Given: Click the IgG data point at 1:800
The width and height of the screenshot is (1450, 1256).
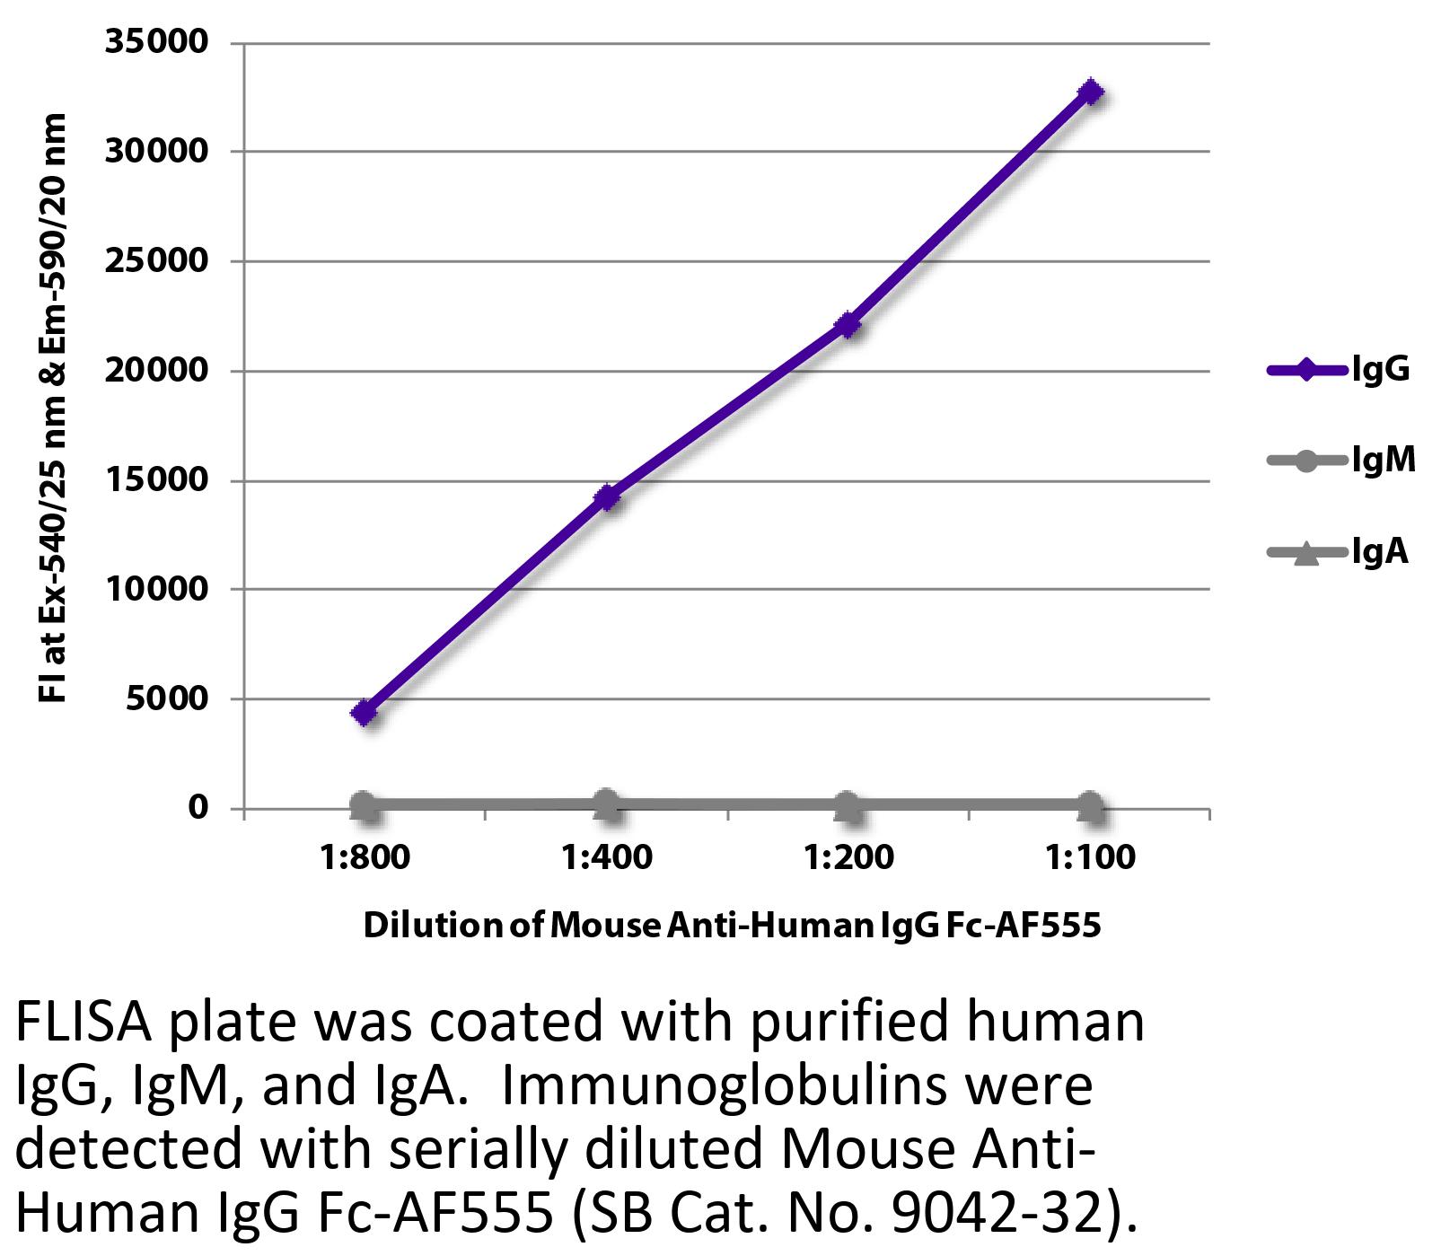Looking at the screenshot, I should [365, 713].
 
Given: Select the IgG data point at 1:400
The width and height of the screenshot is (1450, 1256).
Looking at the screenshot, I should [607, 496].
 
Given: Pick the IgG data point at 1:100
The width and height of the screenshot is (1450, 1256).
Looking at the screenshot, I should [1090, 92].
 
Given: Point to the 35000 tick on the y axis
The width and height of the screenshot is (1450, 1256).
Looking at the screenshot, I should [156, 42].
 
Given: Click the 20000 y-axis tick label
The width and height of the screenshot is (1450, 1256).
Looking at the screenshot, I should [156, 370].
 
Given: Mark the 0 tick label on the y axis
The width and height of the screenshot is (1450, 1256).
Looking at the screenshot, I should [197, 807].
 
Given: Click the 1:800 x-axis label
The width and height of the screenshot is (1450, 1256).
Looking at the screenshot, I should [365, 857].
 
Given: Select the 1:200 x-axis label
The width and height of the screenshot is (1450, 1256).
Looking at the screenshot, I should [848, 857].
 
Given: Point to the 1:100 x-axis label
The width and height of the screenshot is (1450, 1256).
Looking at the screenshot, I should [1090, 857].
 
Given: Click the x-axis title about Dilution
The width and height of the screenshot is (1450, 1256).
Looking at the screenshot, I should [731, 925].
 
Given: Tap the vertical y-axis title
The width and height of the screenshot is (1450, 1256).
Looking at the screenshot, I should [54, 408].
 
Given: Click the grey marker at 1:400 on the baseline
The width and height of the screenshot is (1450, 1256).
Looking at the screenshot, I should [607, 804].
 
